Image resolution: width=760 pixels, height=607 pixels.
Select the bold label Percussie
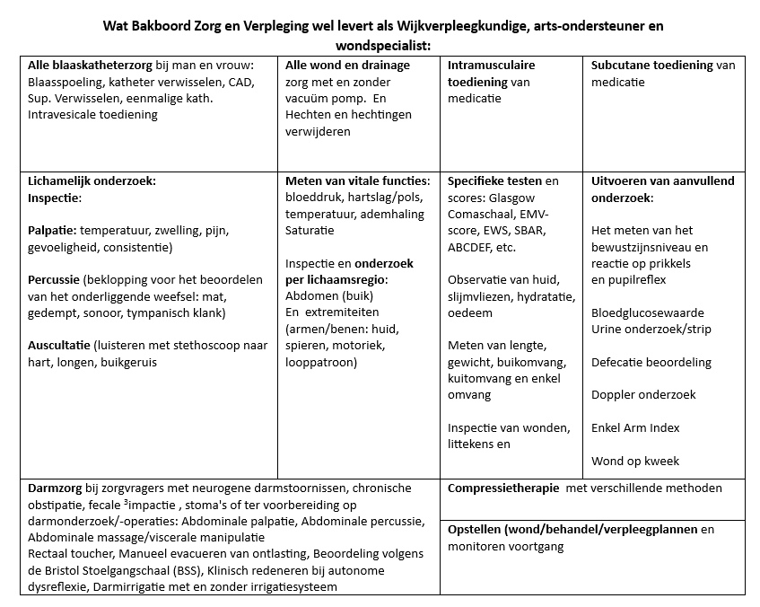click(56, 280)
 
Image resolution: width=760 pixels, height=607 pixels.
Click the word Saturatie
click(310, 230)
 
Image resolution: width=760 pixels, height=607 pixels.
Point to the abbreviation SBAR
click(528, 231)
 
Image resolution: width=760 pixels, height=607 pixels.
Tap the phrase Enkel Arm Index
click(635, 428)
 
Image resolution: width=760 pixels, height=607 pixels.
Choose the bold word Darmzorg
click(56, 488)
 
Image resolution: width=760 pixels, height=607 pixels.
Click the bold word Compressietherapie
click(504, 488)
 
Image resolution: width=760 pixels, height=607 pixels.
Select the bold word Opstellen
click(475, 530)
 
